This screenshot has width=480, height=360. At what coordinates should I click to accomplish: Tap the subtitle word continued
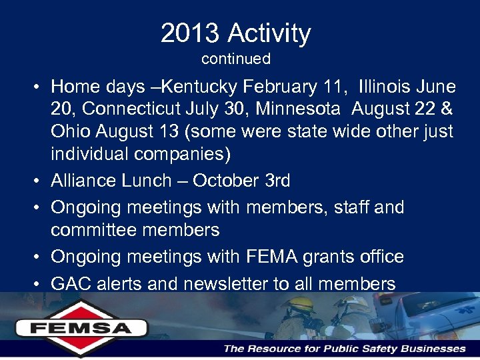[x=236, y=59]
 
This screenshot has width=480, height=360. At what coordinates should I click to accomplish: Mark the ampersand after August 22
[x=447, y=109]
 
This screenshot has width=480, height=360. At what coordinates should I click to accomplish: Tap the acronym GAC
[x=71, y=284]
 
